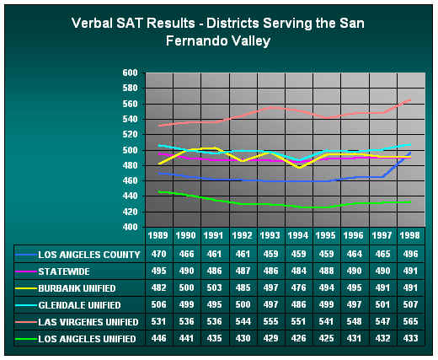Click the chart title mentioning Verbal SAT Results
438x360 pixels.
pyautogui.click(x=219, y=31)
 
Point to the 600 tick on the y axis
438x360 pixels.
pyautogui.click(x=129, y=73)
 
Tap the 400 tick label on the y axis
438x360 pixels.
pyautogui.click(x=129, y=227)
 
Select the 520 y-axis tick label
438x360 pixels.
pyautogui.click(x=129, y=135)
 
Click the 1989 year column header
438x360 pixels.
pyautogui.click(x=159, y=235)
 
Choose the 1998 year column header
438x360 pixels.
pyautogui.click(x=409, y=235)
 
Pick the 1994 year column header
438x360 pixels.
pyautogui.click(x=298, y=235)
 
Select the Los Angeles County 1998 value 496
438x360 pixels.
pyautogui.click(x=409, y=253)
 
